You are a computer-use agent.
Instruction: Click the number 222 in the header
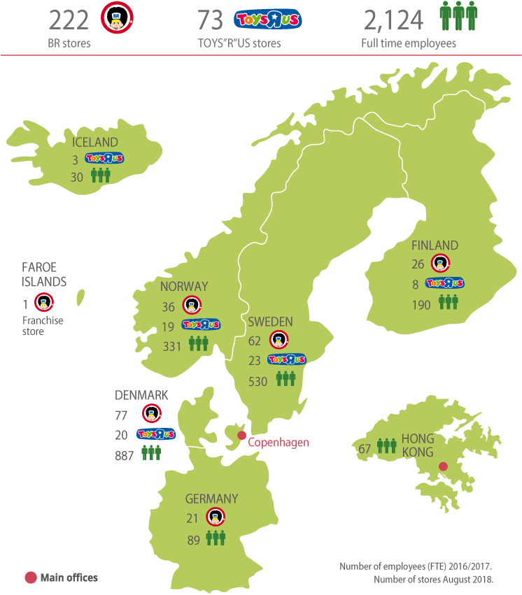(69, 20)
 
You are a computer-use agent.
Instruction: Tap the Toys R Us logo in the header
(268, 20)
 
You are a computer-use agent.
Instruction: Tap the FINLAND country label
(435, 245)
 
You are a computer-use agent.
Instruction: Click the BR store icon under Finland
(440, 264)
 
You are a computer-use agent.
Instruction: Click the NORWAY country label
(183, 286)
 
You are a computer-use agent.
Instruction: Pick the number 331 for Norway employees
(172, 345)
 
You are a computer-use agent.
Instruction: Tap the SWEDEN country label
(270, 322)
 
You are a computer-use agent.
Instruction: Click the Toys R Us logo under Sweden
(287, 359)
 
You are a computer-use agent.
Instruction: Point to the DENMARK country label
(142, 395)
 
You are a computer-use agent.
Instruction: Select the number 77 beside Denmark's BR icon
(121, 415)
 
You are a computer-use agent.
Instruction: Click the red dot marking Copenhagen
(241, 436)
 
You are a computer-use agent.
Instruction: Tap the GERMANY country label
(211, 499)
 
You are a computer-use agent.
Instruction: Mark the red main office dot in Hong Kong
(442, 467)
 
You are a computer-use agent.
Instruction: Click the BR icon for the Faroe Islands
(45, 303)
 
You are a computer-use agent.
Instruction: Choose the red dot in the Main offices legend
(30, 578)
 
